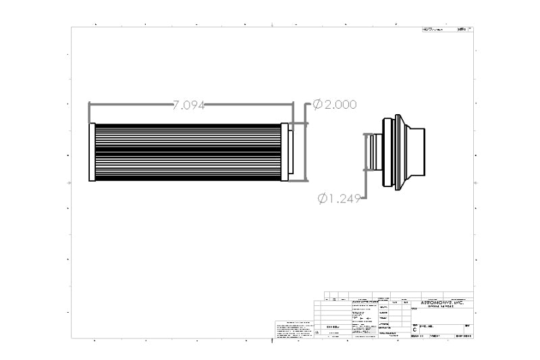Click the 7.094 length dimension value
pyautogui.click(x=188, y=105)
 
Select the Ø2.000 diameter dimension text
pyautogui.click(x=334, y=105)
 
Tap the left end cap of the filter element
pyautogui.click(x=92, y=152)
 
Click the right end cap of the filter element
pyautogui.click(x=285, y=152)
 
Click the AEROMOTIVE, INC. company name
pyautogui.click(x=442, y=303)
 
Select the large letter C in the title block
pyautogui.click(x=414, y=330)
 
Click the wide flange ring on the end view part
pyautogui.click(x=387, y=152)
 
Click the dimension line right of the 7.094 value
pyautogui.click(x=250, y=105)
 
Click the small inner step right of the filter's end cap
pyautogui.click(x=292, y=152)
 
